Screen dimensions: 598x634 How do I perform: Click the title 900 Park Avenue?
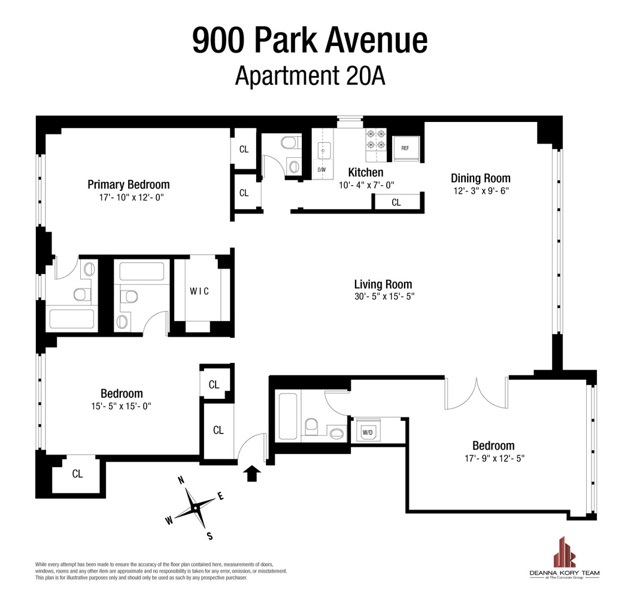310,40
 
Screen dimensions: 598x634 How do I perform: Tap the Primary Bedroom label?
128,184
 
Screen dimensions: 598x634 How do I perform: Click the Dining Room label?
480,178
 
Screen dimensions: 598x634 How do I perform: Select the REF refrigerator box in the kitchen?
405,148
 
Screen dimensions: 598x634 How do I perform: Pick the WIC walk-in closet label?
199,292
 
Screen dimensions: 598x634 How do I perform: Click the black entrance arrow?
252,474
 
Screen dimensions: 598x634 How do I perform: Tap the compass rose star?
195,508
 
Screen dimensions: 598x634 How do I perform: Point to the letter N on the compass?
179,480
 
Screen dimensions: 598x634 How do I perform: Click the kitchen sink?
322,151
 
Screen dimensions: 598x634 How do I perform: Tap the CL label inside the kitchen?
396,203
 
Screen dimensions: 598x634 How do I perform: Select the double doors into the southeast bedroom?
477,393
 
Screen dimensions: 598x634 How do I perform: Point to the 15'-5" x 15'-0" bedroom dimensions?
122,405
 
